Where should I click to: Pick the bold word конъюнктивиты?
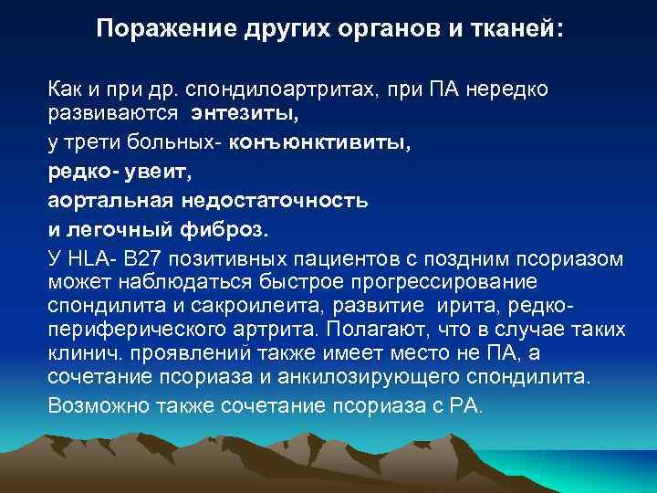320,143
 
